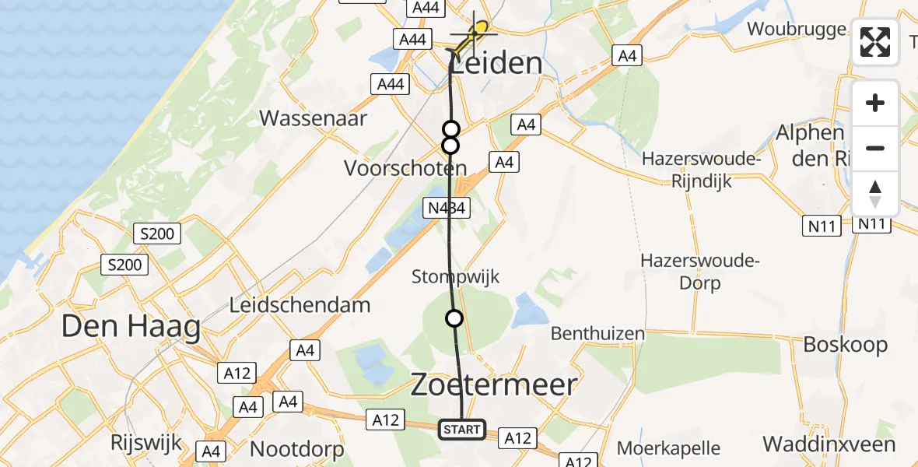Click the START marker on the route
coord(462,430)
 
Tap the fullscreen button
coord(875,42)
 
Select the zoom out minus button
coord(875,148)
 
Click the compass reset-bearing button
coord(875,194)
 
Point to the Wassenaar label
coord(313,118)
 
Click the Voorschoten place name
coord(418,168)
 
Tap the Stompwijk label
coord(455,276)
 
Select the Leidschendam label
coord(300,305)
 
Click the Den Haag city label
coord(131,327)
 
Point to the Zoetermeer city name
coord(493,384)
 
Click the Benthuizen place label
coord(597,334)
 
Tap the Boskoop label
coord(845,344)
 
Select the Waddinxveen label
coord(829,444)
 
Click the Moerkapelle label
coord(668,448)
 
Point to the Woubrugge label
coord(796,30)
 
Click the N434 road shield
coord(445,208)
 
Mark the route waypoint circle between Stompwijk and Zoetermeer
coord(454,318)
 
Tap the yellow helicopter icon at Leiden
coord(477,33)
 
